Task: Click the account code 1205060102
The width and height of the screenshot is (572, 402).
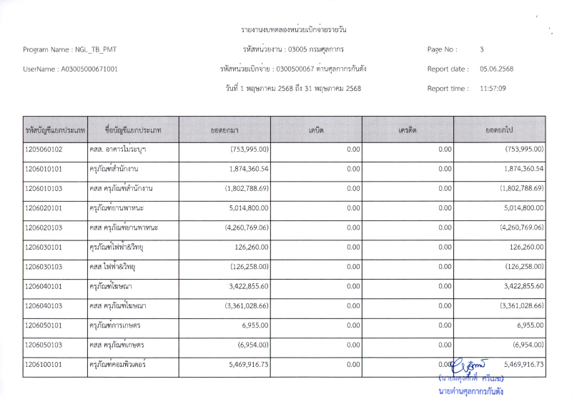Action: coord(44,149)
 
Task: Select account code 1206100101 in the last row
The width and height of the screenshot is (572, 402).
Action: coord(44,364)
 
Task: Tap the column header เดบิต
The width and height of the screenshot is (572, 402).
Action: coord(316,129)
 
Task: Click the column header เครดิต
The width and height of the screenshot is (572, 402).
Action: coord(408,129)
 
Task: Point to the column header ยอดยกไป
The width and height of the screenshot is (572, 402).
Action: coord(500,129)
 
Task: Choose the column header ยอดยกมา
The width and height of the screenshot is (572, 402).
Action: coord(225,129)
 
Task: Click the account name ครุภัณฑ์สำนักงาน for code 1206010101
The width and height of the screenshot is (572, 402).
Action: coord(114,169)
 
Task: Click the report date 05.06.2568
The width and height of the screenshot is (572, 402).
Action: coord(496,69)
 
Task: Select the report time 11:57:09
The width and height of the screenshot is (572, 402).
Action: coord(493,89)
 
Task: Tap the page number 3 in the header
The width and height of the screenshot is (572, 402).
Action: coord(482,49)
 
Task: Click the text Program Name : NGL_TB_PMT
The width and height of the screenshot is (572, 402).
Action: coord(69,49)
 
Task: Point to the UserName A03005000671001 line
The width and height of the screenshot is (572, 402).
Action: coord(71,69)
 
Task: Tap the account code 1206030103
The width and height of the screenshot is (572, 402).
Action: coord(44,267)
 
